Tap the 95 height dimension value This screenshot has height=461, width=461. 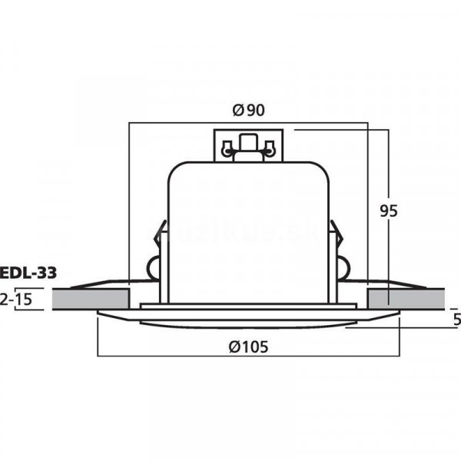[x=389, y=211]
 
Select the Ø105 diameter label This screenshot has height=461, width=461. [x=248, y=347]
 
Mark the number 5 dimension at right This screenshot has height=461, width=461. [x=456, y=319]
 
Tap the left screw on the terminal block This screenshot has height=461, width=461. [x=227, y=148]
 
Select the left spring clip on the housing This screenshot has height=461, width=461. [x=160, y=238]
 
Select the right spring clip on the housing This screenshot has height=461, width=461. [x=336, y=238]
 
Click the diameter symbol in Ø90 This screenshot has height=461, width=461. [x=237, y=110]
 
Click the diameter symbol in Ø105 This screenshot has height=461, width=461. [x=234, y=347]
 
